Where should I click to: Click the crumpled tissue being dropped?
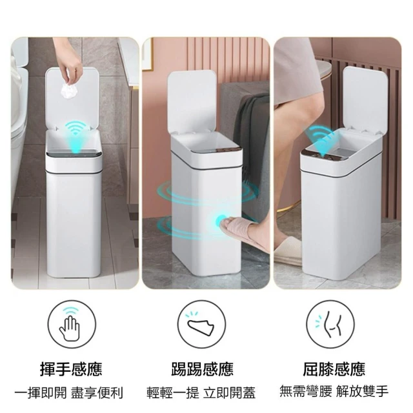coord(69,90)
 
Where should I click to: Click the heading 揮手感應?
coord(71,369)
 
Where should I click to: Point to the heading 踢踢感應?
coord(202,369)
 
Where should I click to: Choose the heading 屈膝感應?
coord(334,369)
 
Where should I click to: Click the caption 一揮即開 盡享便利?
coord(69,393)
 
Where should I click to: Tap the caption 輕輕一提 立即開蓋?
coord(201,393)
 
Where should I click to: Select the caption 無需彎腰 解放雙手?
coord(334,391)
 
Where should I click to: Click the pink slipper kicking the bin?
coord(241,231)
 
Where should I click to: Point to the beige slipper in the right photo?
coord(287,251)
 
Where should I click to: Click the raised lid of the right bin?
coord(365,98)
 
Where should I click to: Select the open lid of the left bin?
coord(72,99)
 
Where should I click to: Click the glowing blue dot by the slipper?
coord(221,221)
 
